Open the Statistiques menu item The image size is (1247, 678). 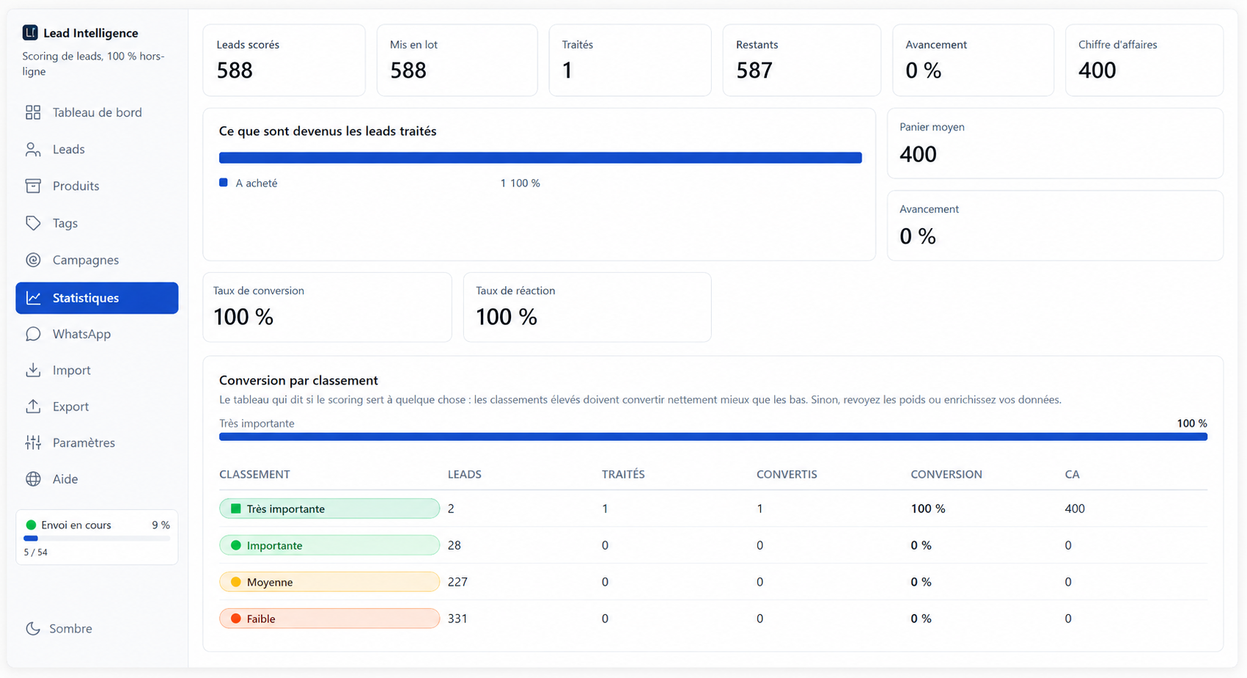[x=97, y=298]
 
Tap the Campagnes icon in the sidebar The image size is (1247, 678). [x=34, y=260]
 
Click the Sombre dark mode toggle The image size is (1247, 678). [x=59, y=628]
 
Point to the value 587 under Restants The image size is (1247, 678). [x=754, y=70]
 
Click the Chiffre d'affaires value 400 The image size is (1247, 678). [x=1097, y=70]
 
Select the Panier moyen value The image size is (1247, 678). [x=918, y=154]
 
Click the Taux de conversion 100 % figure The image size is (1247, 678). [x=243, y=317]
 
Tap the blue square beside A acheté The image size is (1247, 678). [x=224, y=183]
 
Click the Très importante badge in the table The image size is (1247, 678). [x=329, y=508]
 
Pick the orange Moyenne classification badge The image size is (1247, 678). [x=329, y=582]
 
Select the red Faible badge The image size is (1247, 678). [x=329, y=619]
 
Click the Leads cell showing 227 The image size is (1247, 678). [x=457, y=582]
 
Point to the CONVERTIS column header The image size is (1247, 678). [x=787, y=474]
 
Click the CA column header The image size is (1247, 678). [x=1073, y=474]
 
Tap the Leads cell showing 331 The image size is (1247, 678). [x=457, y=619]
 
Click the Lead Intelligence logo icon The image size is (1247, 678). [x=30, y=32]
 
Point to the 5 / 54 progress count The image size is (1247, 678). [x=36, y=552]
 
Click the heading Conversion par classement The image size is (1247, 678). [x=298, y=381]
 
